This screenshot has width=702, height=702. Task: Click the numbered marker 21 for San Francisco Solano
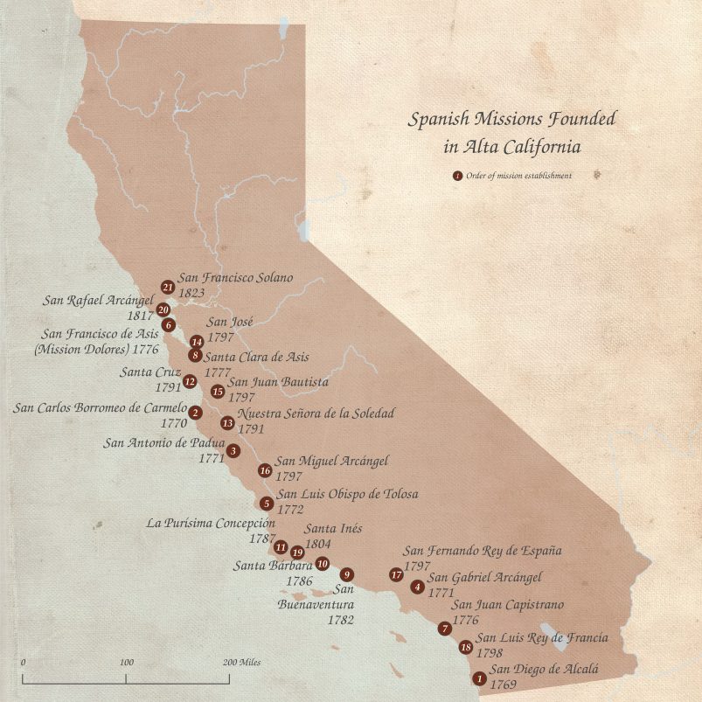click(167, 287)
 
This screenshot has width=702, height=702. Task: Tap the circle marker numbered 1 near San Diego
click(478, 678)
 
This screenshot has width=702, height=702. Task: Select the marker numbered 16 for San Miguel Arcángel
click(265, 470)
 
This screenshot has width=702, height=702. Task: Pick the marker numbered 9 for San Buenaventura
click(348, 574)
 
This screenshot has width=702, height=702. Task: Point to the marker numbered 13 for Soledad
click(227, 423)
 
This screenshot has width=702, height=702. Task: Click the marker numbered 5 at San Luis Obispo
click(266, 503)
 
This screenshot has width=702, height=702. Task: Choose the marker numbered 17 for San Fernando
click(396, 574)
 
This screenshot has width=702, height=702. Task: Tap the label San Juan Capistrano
click(507, 605)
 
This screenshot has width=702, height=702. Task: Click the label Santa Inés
click(333, 529)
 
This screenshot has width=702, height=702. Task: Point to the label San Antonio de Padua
click(163, 442)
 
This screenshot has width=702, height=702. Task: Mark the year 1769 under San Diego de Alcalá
click(504, 686)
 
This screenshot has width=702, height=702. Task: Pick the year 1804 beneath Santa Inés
click(318, 544)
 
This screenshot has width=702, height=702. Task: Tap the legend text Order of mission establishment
click(519, 176)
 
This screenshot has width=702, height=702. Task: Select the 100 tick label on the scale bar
click(127, 663)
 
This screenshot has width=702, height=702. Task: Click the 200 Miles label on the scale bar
click(240, 663)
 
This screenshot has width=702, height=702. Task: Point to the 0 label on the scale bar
click(23, 663)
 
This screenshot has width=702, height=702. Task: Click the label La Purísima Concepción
click(211, 524)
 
